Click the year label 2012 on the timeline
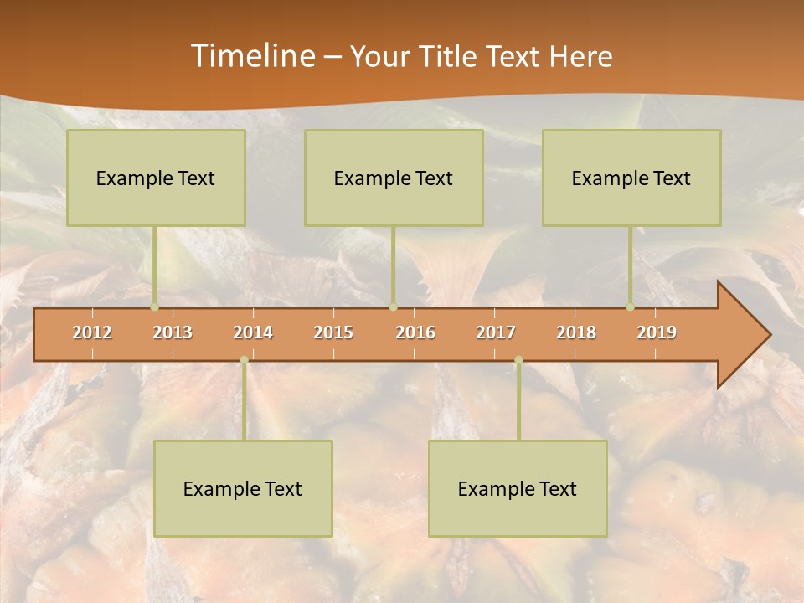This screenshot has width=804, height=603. coord(92,332)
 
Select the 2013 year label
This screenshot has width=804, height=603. coord(173,332)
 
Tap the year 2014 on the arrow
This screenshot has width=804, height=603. coord(253,332)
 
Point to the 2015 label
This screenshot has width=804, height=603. coord(333,332)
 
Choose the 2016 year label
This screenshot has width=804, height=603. coord(415,332)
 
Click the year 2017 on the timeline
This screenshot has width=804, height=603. coord(496,332)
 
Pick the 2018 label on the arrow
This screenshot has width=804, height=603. coord(576,332)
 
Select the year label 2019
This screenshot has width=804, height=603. coord(657,332)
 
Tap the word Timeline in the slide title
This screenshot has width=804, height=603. coord(252,56)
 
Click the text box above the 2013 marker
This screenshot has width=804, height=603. coord(156,178)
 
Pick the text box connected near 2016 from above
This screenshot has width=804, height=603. coord(394,178)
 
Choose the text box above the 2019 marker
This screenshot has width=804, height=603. coord(631,178)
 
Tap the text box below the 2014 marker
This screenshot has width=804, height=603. coord(243,488)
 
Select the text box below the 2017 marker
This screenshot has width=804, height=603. coord(518,488)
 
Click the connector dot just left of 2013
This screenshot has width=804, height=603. coord(154,307)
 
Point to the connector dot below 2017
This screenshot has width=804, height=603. coord(518,360)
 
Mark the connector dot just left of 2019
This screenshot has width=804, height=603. coord(630,307)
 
